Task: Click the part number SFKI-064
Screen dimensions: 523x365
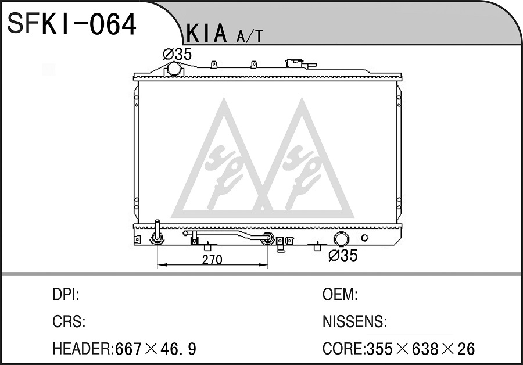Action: (x=71, y=24)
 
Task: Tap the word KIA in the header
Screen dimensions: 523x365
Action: (x=206, y=33)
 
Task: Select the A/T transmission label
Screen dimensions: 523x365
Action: (x=249, y=37)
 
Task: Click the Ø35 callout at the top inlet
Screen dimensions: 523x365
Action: (x=177, y=54)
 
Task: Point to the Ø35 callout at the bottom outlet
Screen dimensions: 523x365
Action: (x=343, y=256)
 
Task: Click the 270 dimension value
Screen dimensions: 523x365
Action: (x=212, y=260)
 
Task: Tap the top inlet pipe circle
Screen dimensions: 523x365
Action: (x=174, y=69)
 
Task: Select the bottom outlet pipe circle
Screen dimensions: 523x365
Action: (x=342, y=239)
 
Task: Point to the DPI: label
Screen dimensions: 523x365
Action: (x=66, y=295)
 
